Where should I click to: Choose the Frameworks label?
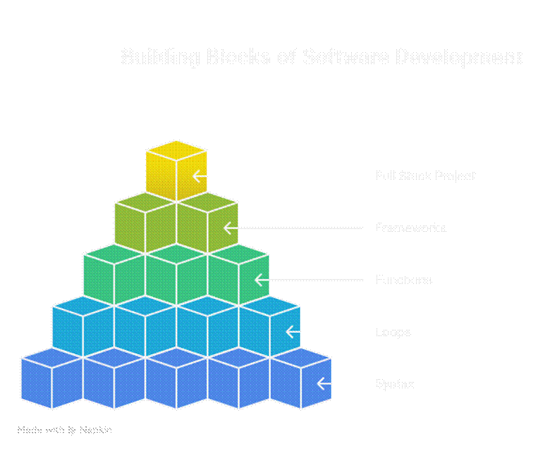[x=410, y=228]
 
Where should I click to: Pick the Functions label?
[x=403, y=280]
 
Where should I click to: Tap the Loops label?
[x=393, y=332]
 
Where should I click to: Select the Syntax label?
[x=394, y=384]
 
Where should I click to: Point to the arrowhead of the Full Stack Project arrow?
[x=197, y=176]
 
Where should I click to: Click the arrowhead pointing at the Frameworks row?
[x=227, y=228]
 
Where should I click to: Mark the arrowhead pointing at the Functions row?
[x=258, y=280]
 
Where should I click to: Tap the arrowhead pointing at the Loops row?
[x=289, y=332]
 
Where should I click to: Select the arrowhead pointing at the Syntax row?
[x=320, y=384]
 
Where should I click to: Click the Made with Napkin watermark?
[x=64, y=429]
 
